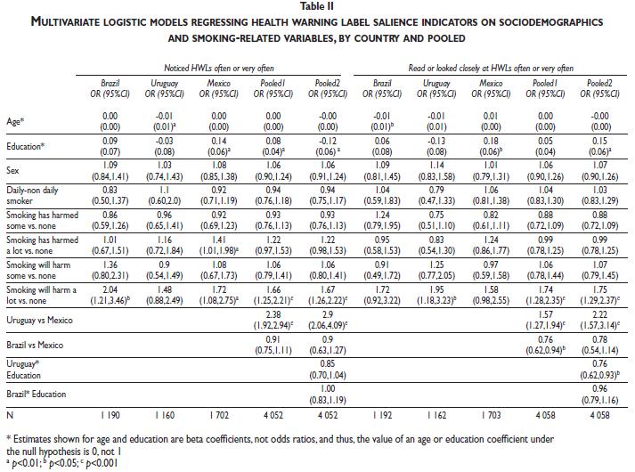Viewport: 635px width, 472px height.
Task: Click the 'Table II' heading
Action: pos(317,6)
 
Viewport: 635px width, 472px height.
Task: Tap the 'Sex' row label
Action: pos(13,166)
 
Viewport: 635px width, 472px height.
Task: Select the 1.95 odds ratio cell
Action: pos(437,289)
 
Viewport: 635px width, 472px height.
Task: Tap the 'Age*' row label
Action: pos(15,115)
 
